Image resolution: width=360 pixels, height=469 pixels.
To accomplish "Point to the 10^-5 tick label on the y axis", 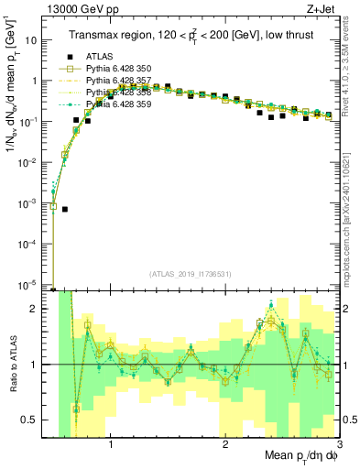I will pyautogui.click(x=29, y=283).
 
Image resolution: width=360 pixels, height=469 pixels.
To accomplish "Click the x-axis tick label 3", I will pyautogui.click(x=339, y=444).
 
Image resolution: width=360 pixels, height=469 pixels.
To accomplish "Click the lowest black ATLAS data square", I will pyautogui.click(x=65, y=209).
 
